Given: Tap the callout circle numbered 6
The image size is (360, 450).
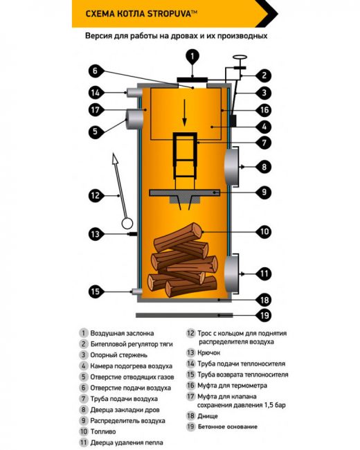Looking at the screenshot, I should pyautogui.click(x=96, y=70).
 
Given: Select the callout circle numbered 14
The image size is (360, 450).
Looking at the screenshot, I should pyautogui.click(x=96, y=92).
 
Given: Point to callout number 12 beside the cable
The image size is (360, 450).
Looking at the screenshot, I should pyautogui.click(x=96, y=195).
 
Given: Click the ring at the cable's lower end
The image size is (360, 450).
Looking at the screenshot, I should pyautogui.click(x=127, y=223).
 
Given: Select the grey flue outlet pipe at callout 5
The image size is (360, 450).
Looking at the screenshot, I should pyautogui.click(x=134, y=123).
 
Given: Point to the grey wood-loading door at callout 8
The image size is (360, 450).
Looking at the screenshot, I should pyautogui.click(x=231, y=167).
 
